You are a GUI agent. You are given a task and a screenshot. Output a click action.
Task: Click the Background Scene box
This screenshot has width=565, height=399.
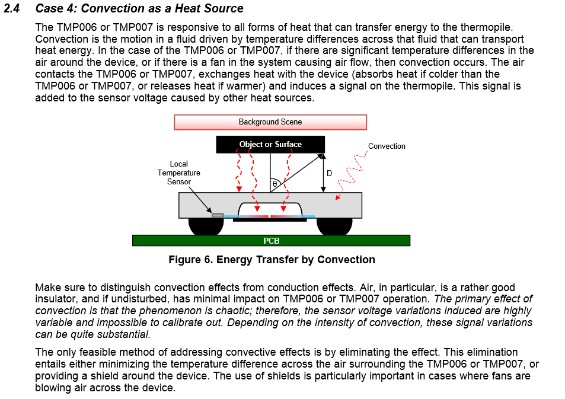(x=270, y=122)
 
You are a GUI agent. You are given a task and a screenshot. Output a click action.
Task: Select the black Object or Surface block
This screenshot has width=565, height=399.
(x=270, y=144)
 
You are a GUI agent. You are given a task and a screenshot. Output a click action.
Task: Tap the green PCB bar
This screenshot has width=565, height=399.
(x=271, y=241)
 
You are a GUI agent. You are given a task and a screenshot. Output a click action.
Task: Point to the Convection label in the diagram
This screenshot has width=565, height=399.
(x=387, y=146)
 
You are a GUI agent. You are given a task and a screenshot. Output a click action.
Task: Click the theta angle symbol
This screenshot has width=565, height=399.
(x=275, y=184)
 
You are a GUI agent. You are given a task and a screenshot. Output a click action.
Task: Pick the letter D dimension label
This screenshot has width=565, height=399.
(x=329, y=173)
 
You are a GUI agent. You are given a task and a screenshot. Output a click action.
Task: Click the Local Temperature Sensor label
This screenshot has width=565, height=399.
(x=178, y=173)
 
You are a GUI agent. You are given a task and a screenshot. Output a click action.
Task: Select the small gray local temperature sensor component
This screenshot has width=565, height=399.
(x=218, y=215)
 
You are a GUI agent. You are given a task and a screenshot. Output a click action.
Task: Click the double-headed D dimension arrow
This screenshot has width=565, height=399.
(x=323, y=173)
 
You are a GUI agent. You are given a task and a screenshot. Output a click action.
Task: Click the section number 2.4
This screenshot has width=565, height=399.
(x=12, y=8)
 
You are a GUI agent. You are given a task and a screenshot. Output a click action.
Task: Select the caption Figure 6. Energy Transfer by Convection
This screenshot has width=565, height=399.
(x=272, y=260)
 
